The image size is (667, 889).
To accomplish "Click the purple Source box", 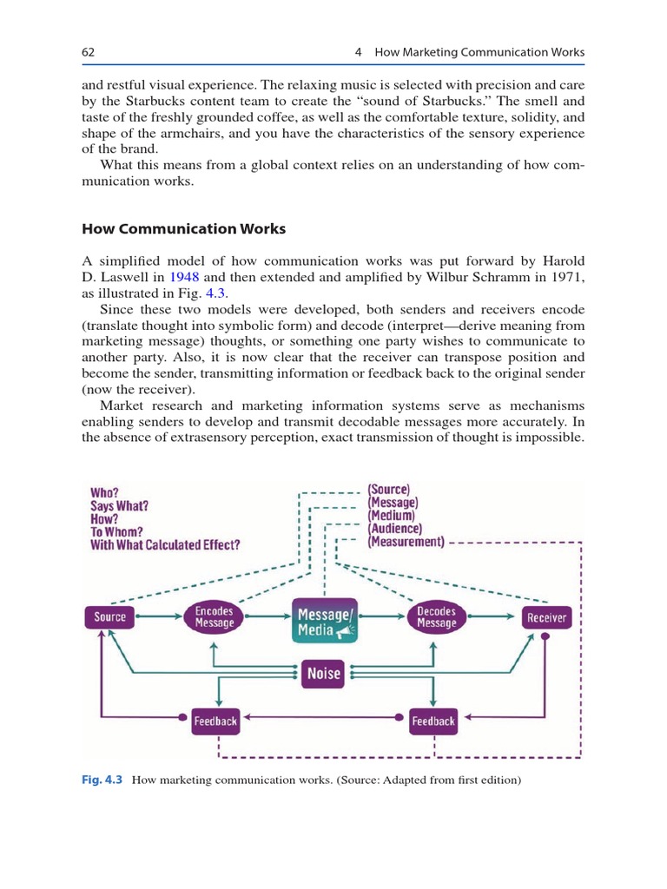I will pos(110,617).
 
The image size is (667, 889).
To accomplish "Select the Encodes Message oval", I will pos(214,617).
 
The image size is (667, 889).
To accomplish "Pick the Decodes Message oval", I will pos(436,617).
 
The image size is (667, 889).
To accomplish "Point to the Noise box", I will pos(323,674).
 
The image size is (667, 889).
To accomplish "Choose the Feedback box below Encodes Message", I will pos(215,721).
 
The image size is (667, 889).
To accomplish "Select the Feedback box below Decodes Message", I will pos(433,721).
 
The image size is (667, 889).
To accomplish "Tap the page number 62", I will pos(88,53).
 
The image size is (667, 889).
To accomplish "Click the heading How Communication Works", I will pos(183,229).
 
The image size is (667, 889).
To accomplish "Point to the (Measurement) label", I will pos(406,543).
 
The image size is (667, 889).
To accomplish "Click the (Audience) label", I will pos(395,529).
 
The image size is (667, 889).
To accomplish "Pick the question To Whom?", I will pos(119,531).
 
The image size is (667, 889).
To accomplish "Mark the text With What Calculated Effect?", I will pos(165,545).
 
